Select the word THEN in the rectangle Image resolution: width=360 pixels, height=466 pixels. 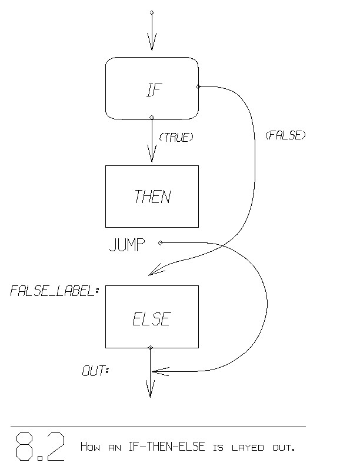(x=152, y=197)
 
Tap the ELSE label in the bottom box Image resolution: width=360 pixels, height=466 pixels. (x=152, y=319)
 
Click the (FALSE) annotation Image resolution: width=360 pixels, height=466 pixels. (x=285, y=135)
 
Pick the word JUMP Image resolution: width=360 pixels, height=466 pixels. (x=127, y=245)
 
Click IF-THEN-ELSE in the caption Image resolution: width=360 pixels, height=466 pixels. (x=167, y=447)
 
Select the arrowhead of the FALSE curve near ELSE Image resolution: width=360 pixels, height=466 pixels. (x=154, y=271)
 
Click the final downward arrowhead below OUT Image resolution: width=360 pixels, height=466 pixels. (x=150, y=391)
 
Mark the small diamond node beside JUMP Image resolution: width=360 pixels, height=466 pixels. (x=161, y=242)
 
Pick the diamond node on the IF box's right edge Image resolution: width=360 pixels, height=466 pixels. (x=198, y=87)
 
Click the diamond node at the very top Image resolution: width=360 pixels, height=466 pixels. (x=152, y=12)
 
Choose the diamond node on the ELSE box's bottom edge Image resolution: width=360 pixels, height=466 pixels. (x=151, y=348)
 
